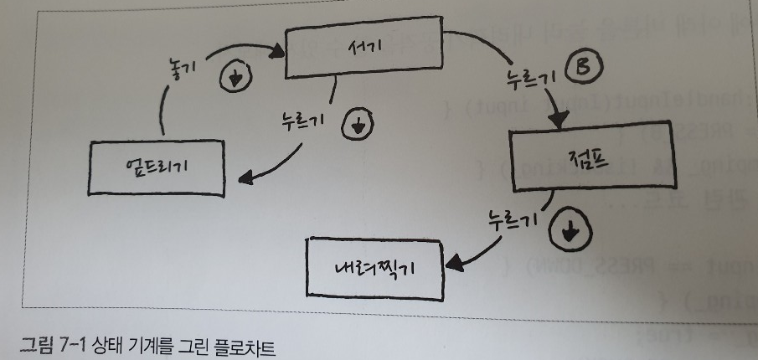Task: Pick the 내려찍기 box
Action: (x=374, y=266)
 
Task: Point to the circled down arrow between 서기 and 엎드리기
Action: (x=358, y=126)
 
